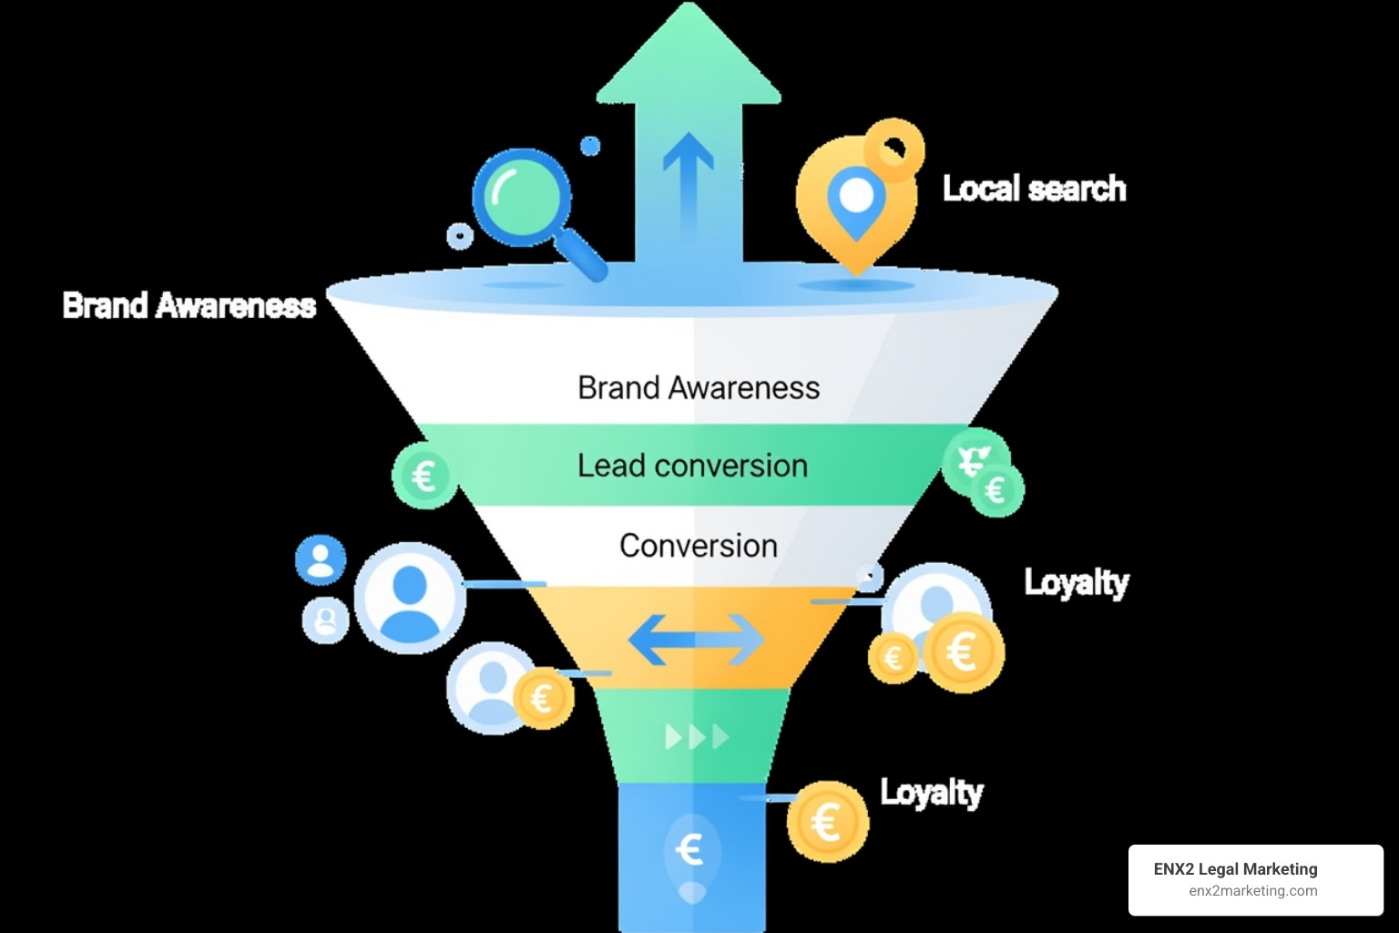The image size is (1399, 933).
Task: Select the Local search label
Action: pyautogui.click(x=1034, y=189)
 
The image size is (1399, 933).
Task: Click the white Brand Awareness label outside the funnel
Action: pyautogui.click(x=189, y=305)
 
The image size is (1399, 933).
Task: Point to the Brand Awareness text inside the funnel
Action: pyautogui.click(x=699, y=387)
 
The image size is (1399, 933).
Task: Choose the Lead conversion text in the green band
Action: pyautogui.click(x=692, y=466)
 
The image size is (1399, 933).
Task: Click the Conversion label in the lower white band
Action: pyautogui.click(x=699, y=546)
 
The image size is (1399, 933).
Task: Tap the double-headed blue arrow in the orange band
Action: pyautogui.click(x=697, y=640)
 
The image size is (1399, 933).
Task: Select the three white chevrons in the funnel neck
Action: pyautogui.click(x=697, y=736)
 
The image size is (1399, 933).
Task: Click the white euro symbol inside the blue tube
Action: pyautogui.click(x=690, y=850)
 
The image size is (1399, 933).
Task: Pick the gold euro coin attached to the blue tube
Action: pyautogui.click(x=827, y=822)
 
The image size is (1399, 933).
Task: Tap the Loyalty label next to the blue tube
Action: pyautogui.click(x=931, y=792)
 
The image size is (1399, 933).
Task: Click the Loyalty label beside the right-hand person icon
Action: pyautogui.click(x=1076, y=581)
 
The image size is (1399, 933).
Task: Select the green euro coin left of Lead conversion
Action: pyautogui.click(x=424, y=476)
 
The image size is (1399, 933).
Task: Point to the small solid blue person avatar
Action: pyautogui.click(x=321, y=559)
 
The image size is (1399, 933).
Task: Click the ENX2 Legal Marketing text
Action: pyautogui.click(x=1235, y=869)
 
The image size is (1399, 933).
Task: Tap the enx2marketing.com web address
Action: pyautogui.click(x=1252, y=891)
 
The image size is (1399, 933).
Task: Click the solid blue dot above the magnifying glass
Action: pyautogui.click(x=590, y=146)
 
